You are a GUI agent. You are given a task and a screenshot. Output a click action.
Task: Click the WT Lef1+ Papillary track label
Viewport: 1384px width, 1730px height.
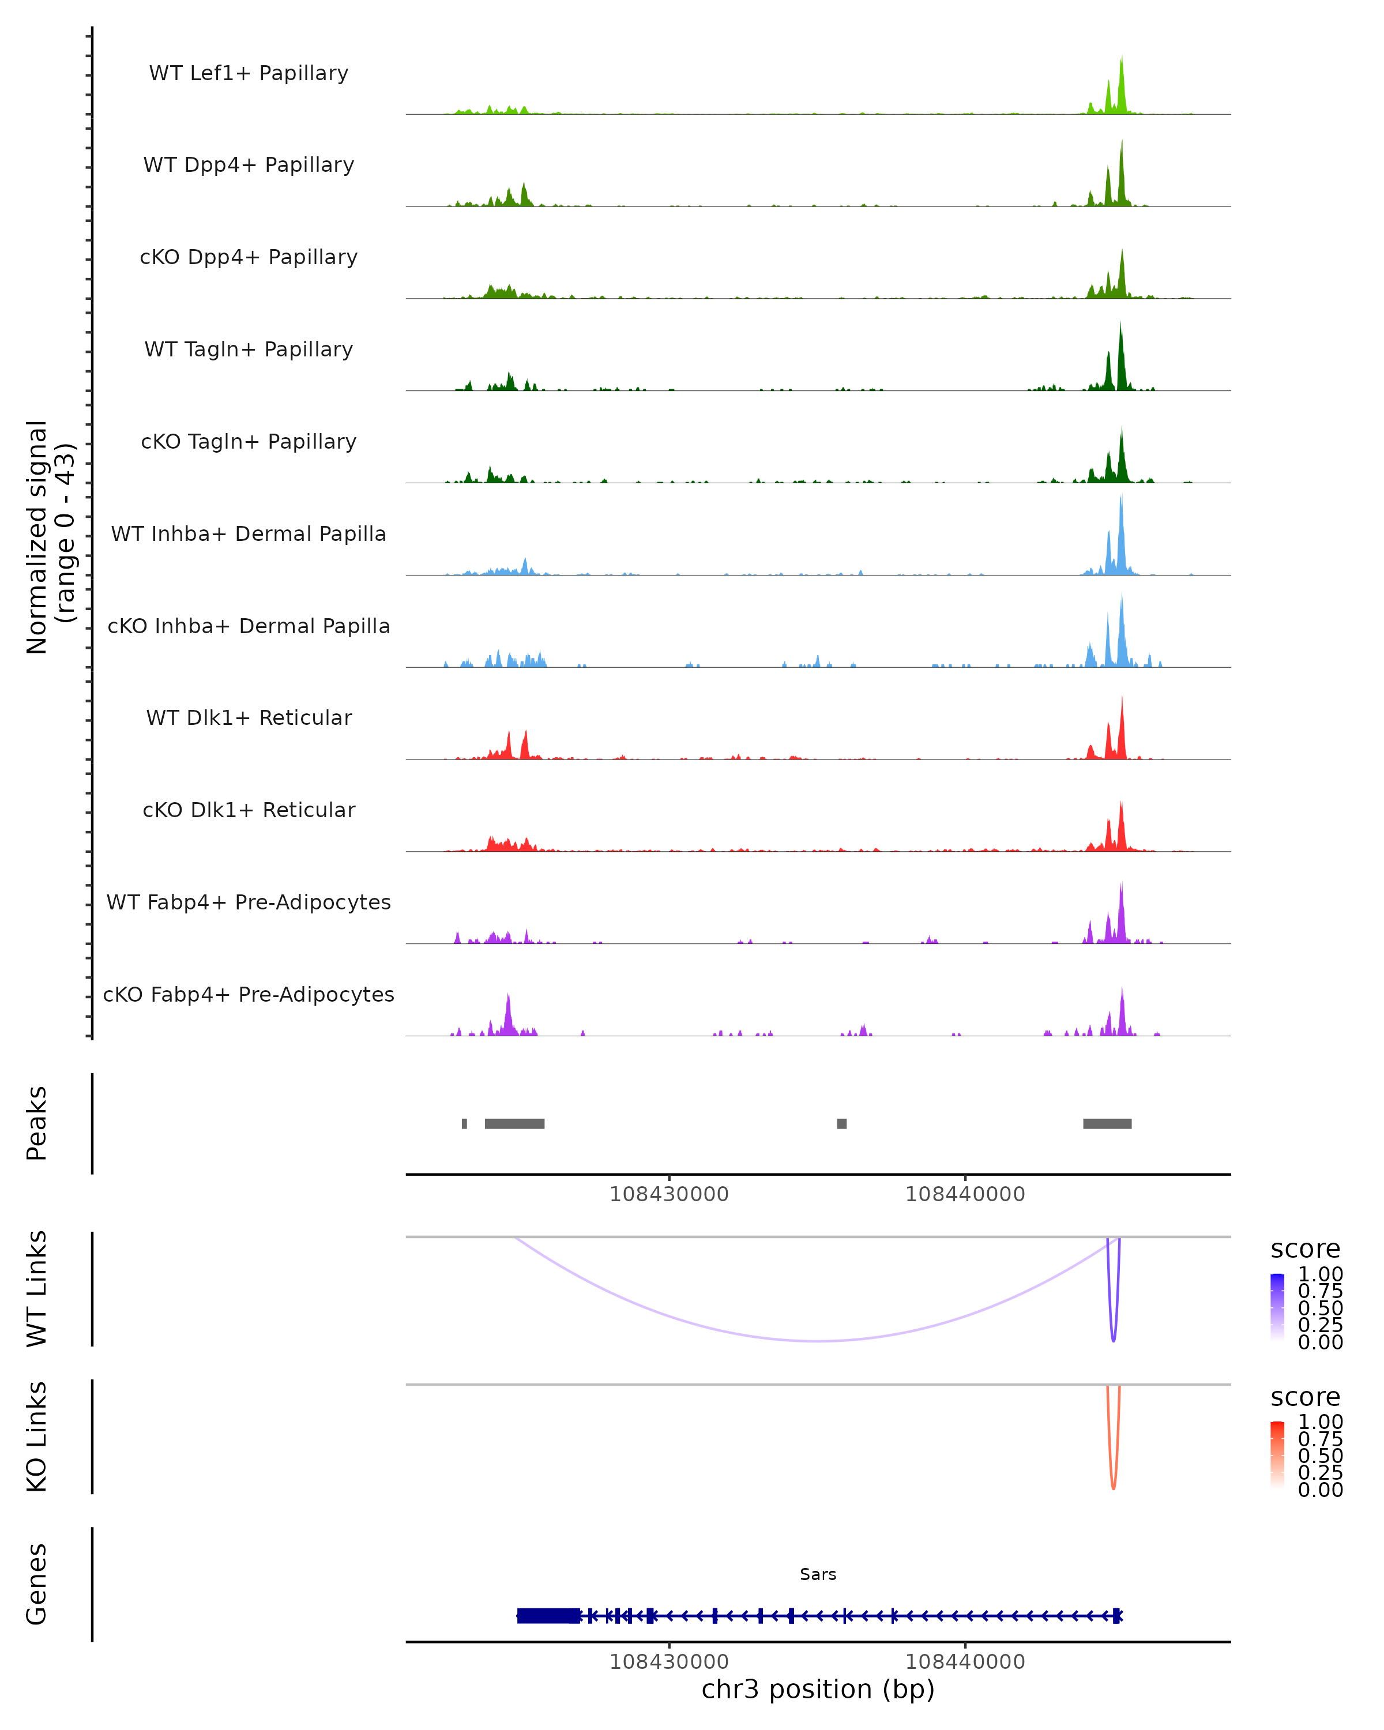(249, 73)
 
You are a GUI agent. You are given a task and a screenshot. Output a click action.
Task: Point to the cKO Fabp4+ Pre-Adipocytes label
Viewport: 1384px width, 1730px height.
(249, 994)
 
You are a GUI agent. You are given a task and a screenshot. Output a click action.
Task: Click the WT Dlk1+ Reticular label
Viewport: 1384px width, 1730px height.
(249, 717)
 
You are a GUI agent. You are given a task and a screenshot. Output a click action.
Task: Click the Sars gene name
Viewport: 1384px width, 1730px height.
(818, 1574)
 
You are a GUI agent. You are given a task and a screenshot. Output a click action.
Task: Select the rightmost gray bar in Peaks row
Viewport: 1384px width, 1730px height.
(1107, 1123)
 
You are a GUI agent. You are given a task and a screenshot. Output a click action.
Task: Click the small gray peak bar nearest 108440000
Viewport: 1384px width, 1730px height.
(841, 1123)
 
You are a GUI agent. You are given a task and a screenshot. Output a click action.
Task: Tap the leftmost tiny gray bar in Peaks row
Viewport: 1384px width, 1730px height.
(465, 1123)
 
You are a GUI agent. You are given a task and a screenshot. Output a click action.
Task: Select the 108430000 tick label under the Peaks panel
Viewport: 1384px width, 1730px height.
(668, 1194)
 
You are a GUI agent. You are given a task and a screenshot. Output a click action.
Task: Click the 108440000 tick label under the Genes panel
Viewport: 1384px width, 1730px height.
(965, 1662)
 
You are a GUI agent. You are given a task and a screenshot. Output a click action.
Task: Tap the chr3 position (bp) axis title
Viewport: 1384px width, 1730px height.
(818, 1690)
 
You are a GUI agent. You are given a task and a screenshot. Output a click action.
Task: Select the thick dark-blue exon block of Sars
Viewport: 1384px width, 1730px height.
(548, 1616)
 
